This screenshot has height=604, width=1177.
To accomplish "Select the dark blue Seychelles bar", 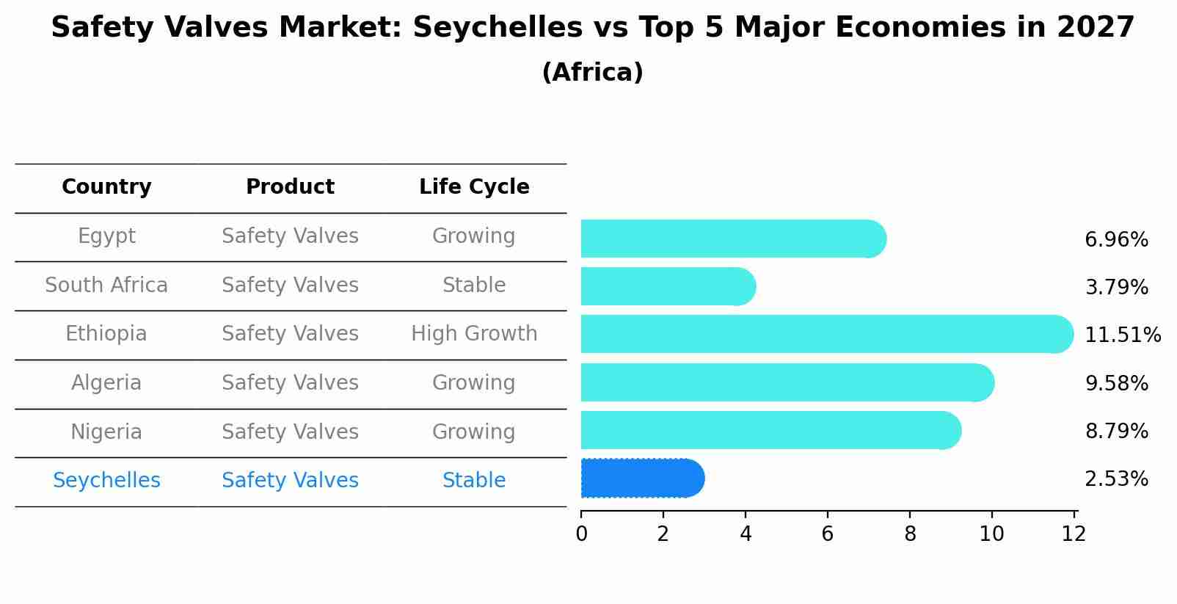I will click(x=642, y=479).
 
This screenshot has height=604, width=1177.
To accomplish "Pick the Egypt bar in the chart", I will click(x=732, y=239).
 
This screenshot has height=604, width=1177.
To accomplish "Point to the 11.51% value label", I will click(x=1122, y=335).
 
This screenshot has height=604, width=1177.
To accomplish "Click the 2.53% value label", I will click(x=1116, y=479).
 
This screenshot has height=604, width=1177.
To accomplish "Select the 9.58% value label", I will click(x=1116, y=383).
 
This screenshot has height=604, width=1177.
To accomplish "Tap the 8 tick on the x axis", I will click(x=910, y=534).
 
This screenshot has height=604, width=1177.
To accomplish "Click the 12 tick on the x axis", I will click(x=1074, y=534).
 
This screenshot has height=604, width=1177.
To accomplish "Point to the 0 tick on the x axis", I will click(x=581, y=534).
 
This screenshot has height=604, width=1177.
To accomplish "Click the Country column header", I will click(x=106, y=187).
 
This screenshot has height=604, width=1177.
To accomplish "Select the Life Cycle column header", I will click(x=474, y=187).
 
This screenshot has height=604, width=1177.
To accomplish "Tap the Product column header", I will click(x=290, y=187).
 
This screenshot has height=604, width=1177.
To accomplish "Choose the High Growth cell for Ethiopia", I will click(x=474, y=334).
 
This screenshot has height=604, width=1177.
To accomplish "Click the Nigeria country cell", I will click(x=106, y=432).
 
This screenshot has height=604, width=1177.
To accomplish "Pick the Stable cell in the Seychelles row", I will click(x=474, y=481).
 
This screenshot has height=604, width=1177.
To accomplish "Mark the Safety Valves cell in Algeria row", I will click(x=290, y=383).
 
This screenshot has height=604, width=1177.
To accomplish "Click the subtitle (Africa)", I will click(x=592, y=73).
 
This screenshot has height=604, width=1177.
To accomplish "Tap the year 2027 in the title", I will click(x=1095, y=28).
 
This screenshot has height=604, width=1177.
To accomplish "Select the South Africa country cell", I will click(x=106, y=285).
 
